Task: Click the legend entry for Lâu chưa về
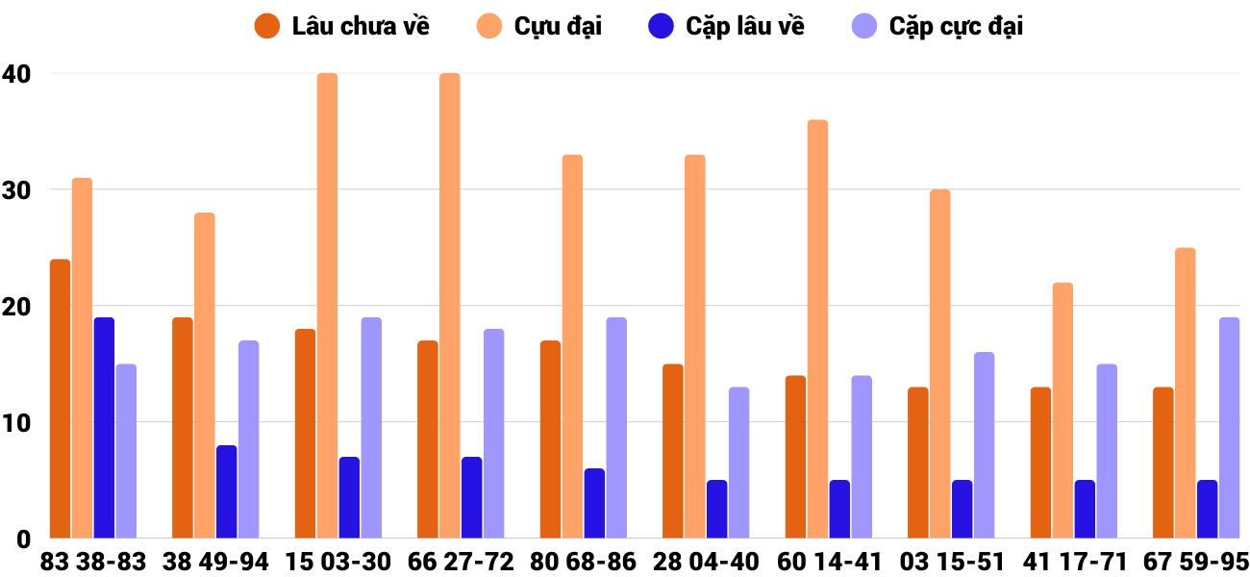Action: pyautogui.click(x=341, y=26)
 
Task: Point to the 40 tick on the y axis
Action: pyautogui.click(x=16, y=74)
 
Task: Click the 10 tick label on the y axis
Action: pyautogui.click(x=16, y=423)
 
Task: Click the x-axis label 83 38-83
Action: pyautogui.click(x=93, y=562)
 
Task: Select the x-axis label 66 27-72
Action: pyautogui.click(x=461, y=562)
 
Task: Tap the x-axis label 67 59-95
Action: pyautogui.click(x=1196, y=562)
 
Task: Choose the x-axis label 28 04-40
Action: pyautogui.click(x=706, y=562)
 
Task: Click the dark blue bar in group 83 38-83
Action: pyautogui.click(x=104, y=428)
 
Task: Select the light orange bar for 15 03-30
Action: pyautogui.click(x=327, y=306)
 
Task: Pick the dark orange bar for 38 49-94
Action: pyautogui.click(x=183, y=428)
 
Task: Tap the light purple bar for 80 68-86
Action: pyautogui.click(x=616, y=428)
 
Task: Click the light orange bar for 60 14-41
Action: pyautogui.click(x=817, y=329)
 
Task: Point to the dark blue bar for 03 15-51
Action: pyautogui.click(x=962, y=510)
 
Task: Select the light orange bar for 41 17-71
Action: pyautogui.click(x=1062, y=411)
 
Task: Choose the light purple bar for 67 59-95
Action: pyautogui.click(x=1229, y=428)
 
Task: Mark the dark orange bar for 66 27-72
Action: pyautogui.click(x=428, y=439)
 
